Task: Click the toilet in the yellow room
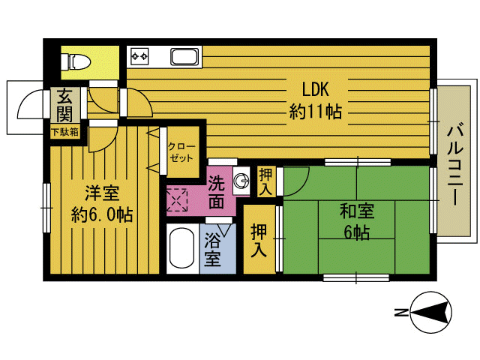click(76, 61)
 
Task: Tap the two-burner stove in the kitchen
click(139, 56)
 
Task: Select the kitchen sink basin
click(184, 57)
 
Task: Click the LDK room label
click(315, 89)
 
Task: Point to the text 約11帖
click(315, 112)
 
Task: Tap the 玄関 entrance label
click(64, 105)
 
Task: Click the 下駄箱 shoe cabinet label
click(65, 132)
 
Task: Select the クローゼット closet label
click(181, 152)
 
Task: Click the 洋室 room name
click(102, 193)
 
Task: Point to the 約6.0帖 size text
click(102, 214)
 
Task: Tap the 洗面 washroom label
click(216, 192)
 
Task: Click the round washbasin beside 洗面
click(241, 181)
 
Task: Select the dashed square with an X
click(177, 200)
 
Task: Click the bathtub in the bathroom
click(181, 248)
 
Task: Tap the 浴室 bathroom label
click(212, 249)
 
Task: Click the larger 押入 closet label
click(259, 240)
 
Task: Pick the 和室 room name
click(357, 211)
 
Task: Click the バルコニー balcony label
click(455, 163)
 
